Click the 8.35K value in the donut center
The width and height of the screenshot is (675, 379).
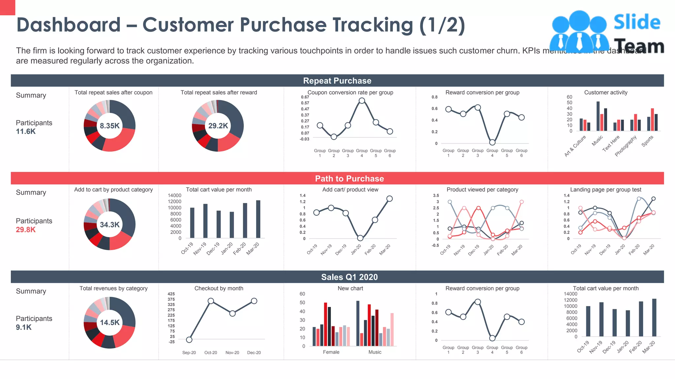point(109,126)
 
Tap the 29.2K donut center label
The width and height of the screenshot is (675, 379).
point(218,126)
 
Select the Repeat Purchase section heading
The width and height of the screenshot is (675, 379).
point(337,81)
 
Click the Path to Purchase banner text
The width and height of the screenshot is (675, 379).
point(349,178)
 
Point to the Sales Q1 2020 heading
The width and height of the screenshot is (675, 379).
point(349,277)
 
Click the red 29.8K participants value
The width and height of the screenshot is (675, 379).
point(26,230)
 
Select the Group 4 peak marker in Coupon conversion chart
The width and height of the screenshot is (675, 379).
point(362,101)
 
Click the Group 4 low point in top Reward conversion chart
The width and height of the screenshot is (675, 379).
point(492,142)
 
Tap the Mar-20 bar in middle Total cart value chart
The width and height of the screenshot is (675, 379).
point(258,219)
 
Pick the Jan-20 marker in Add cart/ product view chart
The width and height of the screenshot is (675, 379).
point(360,238)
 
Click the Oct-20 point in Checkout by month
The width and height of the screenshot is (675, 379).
point(211,301)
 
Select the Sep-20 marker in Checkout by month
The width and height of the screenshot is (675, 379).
point(189,340)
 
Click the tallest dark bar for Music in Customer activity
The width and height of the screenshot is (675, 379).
point(598,116)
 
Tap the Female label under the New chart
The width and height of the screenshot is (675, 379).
point(331,352)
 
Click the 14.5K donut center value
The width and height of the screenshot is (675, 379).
point(109,322)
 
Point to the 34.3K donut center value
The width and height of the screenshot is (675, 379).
point(109,225)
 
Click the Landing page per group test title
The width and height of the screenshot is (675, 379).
point(605,189)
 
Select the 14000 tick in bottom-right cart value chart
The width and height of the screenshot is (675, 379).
point(571,294)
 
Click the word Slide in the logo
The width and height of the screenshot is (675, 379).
point(637,22)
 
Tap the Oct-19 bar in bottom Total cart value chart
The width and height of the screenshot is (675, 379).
point(588,321)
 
